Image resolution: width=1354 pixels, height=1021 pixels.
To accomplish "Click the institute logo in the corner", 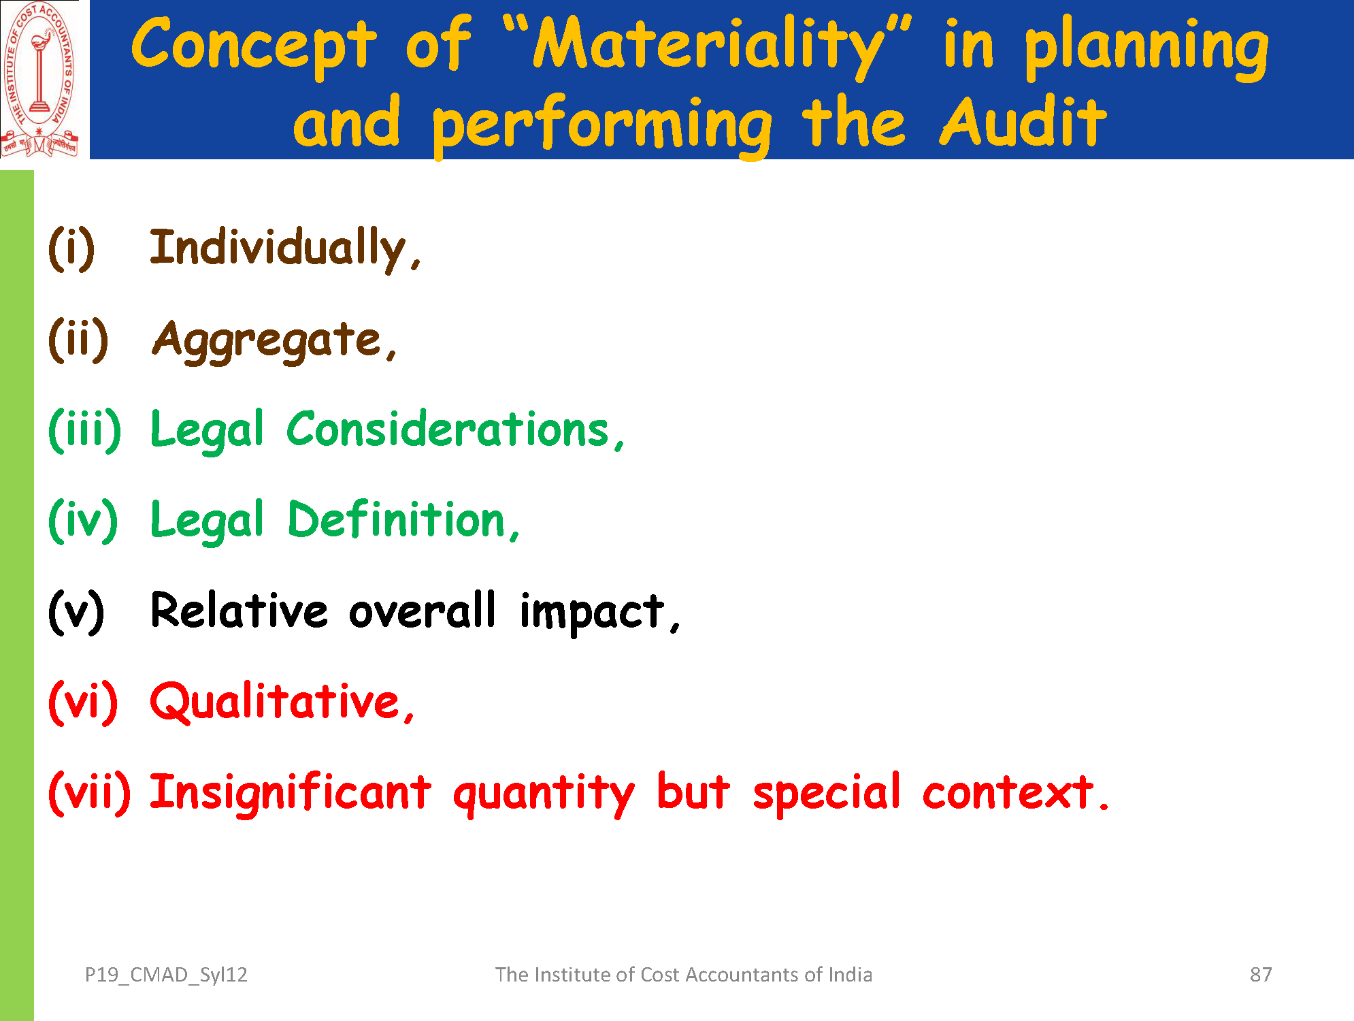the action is point(39,79).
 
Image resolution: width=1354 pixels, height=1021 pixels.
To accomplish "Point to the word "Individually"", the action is point(278,248).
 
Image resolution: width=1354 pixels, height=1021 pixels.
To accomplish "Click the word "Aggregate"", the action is point(267,340).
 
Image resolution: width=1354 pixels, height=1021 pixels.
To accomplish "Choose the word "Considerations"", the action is point(448,430).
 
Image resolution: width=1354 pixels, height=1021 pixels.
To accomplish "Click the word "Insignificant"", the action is point(291,793).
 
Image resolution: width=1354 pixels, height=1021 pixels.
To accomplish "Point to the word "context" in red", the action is point(1008,793).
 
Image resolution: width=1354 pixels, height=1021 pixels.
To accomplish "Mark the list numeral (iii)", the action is point(85,430).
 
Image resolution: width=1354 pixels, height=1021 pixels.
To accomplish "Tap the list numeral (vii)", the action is point(89,793).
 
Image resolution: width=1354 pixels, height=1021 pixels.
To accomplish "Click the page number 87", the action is point(1261,975).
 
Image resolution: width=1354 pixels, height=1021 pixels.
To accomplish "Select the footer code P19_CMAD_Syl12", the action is point(166,975).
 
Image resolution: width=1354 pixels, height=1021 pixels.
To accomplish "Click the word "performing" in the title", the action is point(602,125).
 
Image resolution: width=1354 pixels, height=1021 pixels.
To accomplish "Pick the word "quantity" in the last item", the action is point(544,795).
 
